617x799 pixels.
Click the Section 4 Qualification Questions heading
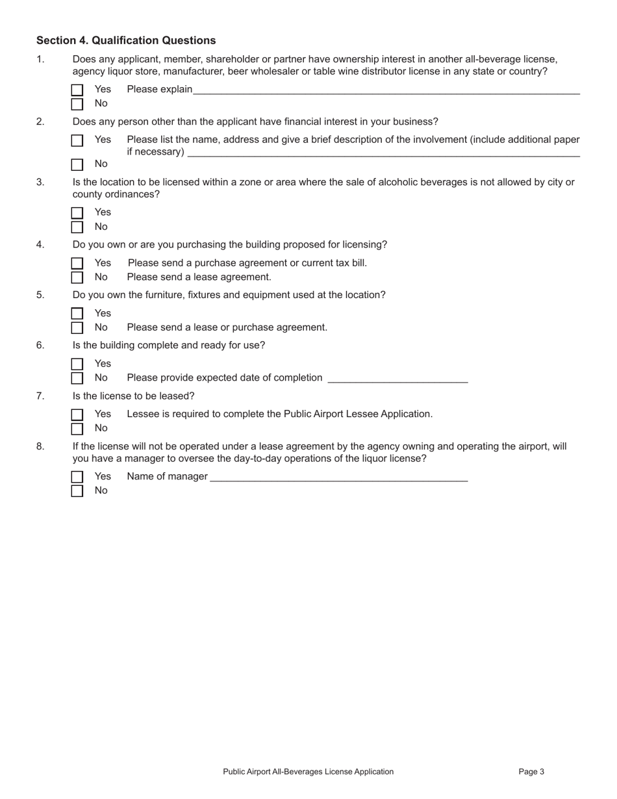pyautogui.click(x=126, y=40)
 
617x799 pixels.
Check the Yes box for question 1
pyautogui.click(x=77, y=90)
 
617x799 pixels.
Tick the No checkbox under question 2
pyautogui.click(x=77, y=164)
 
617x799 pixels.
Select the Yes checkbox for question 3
pyautogui.click(x=77, y=213)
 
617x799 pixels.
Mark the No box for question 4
pyautogui.click(x=77, y=277)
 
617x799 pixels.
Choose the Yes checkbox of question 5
pyautogui.click(x=77, y=314)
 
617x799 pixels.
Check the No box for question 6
pyautogui.click(x=77, y=378)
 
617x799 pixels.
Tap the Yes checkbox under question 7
pyautogui.click(x=77, y=414)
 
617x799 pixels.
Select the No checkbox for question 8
pyautogui.click(x=77, y=491)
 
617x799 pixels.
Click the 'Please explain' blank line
pyautogui.click(x=386, y=92)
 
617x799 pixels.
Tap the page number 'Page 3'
pyautogui.click(x=531, y=772)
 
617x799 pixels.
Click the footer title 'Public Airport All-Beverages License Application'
pyautogui.click(x=308, y=772)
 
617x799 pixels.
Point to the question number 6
pyautogui.click(x=40, y=345)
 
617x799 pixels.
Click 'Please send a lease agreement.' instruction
pyautogui.click(x=199, y=277)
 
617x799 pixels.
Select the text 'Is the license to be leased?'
pyautogui.click(x=133, y=396)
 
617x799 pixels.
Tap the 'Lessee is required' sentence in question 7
pyautogui.click(x=279, y=414)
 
